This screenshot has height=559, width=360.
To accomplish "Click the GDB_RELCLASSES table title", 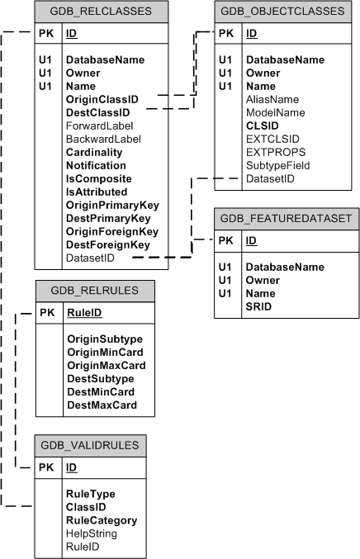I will pyautogui.click(x=102, y=12).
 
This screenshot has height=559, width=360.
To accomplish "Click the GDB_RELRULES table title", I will pyautogui.click(x=90, y=291).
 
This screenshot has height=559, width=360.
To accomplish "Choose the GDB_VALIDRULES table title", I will pyautogui.click(x=90, y=445).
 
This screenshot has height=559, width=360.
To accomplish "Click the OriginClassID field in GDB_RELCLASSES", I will pyautogui.click(x=102, y=99).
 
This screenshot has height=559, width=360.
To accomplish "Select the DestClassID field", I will pyautogui.click(x=97, y=112).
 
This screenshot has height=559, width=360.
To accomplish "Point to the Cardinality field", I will pyautogui.click(x=94, y=152).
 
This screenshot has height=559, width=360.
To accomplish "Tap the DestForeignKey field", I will pyautogui.click(x=107, y=244).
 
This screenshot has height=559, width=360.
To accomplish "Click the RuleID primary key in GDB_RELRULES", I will pyautogui.click(x=84, y=313).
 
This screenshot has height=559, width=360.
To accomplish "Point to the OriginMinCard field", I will pyautogui.click(x=106, y=353).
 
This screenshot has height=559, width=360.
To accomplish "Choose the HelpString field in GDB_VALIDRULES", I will pyautogui.click(x=92, y=533).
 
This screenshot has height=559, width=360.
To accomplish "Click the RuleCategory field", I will pyautogui.click(x=102, y=520).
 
